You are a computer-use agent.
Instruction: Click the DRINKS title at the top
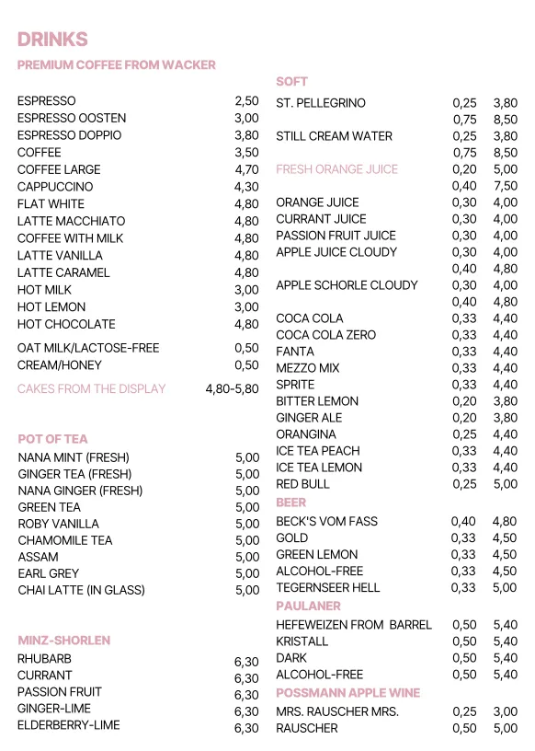[x=52, y=39]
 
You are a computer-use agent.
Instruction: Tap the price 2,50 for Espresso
[x=246, y=101]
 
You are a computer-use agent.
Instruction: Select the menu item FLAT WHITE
[x=51, y=204]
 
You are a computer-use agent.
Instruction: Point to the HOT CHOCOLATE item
[x=66, y=324]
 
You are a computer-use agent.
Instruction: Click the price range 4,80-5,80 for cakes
[x=232, y=389]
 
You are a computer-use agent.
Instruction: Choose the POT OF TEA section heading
[x=52, y=439]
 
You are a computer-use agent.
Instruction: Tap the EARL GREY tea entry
[x=48, y=573]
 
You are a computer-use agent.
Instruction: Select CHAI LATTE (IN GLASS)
[x=81, y=590]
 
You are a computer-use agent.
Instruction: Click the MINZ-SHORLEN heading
[x=63, y=640]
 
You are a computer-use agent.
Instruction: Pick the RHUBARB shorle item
[x=44, y=659]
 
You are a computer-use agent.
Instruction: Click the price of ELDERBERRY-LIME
[x=246, y=728]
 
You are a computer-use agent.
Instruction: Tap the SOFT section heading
[x=291, y=82]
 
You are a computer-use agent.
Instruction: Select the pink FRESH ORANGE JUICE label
[x=336, y=169]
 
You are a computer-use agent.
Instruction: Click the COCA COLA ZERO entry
[x=325, y=335]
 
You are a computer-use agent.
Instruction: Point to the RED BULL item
[x=302, y=484]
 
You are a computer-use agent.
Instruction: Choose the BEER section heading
[x=290, y=503]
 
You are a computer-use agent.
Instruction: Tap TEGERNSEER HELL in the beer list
[x=327, y=588]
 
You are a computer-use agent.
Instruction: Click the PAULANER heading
[x=308, y=607]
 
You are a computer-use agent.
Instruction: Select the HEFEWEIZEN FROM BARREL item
[x=353, y=625]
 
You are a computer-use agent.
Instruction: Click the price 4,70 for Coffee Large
[x=246, y=170]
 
